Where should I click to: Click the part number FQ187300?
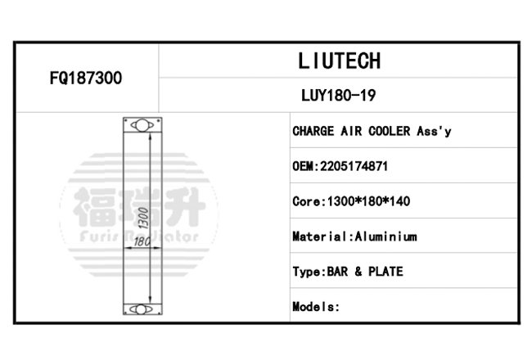tap(86, 78)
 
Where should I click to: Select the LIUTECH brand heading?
tap(340, 61)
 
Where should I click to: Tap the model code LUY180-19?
tap(339, 96)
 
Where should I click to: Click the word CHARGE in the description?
tap(313, 131)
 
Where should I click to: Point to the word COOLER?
tap(389, 131)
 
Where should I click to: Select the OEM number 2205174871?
tap(354, 166)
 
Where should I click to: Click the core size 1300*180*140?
tap(368, 201)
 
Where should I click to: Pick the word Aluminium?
tap(385, 236)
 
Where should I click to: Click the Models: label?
tap(316, 307)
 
